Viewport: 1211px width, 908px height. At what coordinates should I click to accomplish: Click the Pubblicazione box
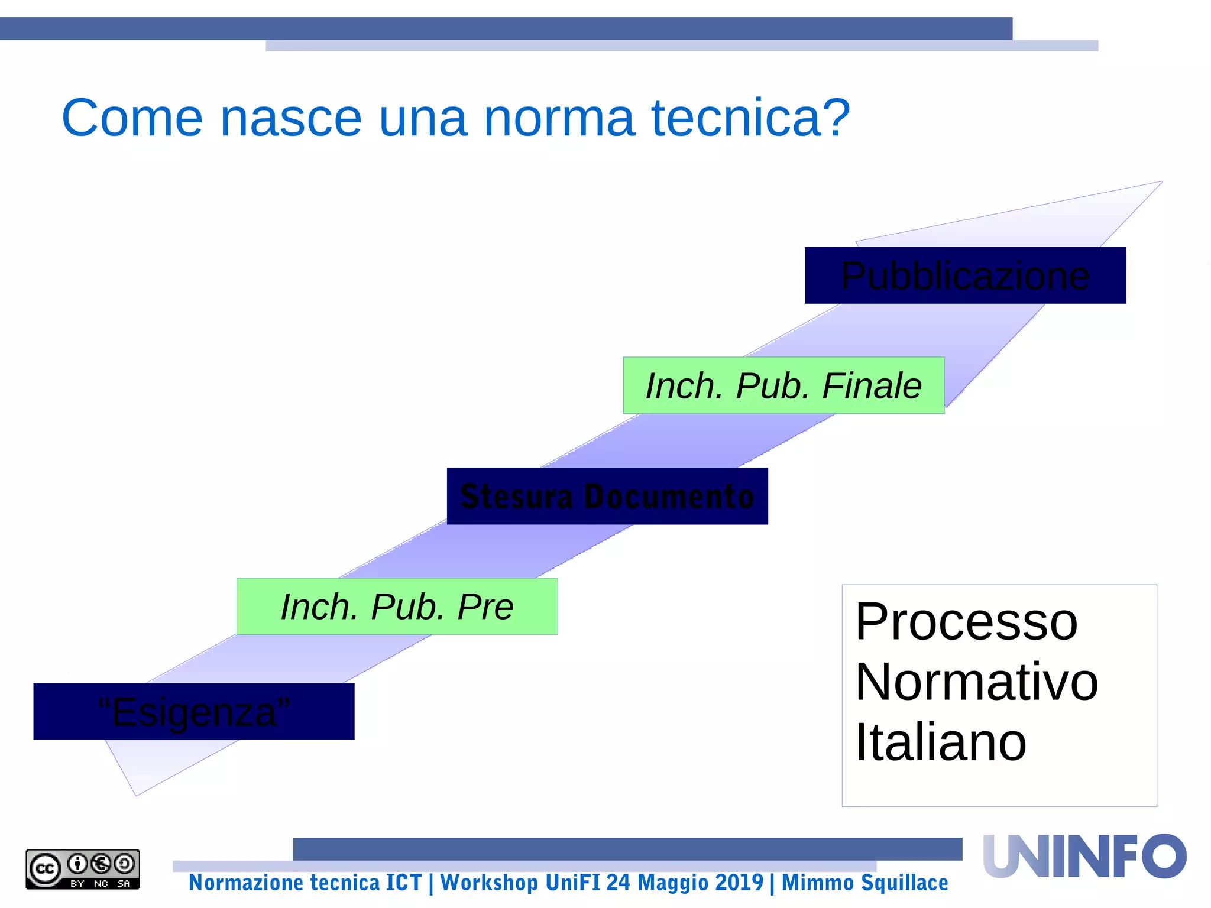[x=965, y=275]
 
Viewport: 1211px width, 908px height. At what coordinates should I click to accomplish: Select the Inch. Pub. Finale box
[x=783, y=385]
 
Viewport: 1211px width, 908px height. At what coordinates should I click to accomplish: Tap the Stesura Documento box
[x=607, y=496]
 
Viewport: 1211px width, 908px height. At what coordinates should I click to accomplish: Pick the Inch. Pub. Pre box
[x=397, y=607]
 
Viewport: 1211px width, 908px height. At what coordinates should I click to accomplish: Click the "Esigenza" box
[x=194, y=712]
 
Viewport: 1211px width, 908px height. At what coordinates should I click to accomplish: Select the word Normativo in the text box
[x=976, y=682]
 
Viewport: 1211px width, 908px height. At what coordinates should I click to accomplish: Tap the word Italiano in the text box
[x=941, y=742]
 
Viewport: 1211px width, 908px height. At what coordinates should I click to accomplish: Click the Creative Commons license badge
[x=83, y=869]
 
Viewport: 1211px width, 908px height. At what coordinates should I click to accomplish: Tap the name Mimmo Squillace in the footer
[x=864, y=883]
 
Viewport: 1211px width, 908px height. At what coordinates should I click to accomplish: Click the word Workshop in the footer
[x=489, y=883]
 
